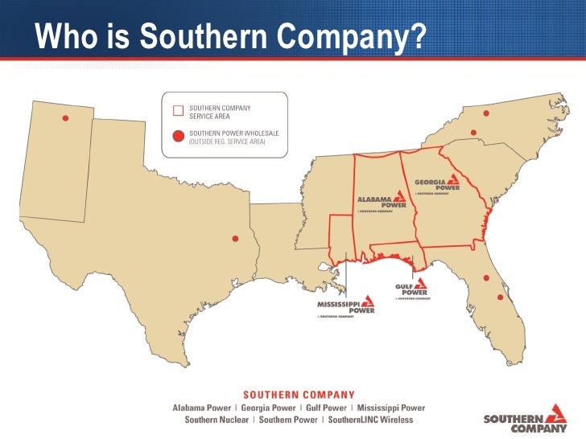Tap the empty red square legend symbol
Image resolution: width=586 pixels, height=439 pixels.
179,111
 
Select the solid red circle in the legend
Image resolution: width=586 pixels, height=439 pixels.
179,136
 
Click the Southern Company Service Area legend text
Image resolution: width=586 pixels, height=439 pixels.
220,111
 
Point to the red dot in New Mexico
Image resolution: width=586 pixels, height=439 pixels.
65,119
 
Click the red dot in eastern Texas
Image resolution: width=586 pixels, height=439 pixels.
235,239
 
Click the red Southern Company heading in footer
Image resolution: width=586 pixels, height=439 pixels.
299,395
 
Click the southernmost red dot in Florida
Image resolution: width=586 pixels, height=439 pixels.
500,297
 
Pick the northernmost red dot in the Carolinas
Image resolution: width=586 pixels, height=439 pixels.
486,112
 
